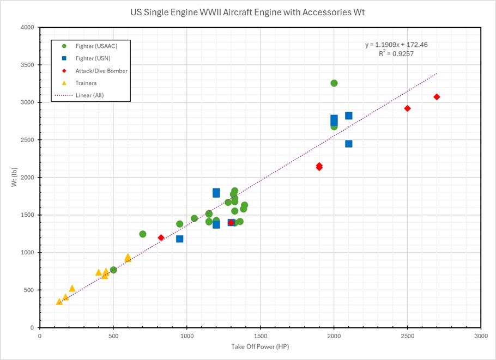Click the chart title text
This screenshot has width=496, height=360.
(x=247, y=11)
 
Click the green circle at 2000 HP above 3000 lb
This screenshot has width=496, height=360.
(x=334, y=83)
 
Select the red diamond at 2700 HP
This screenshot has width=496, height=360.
(x=437, y=97)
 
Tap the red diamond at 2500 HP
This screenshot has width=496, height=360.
(x=407, y=108)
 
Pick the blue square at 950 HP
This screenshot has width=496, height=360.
(x=179, y=239)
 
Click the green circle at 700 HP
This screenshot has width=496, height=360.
(x=143, y=234)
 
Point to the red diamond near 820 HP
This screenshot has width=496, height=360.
(x=161, y=237)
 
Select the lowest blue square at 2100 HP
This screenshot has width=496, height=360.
(x=349, y=144)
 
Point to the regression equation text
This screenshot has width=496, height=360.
(x=392, y=45)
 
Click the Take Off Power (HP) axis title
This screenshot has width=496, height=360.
(x=260, y=346)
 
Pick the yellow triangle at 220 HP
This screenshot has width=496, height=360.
(x=72, y=289)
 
